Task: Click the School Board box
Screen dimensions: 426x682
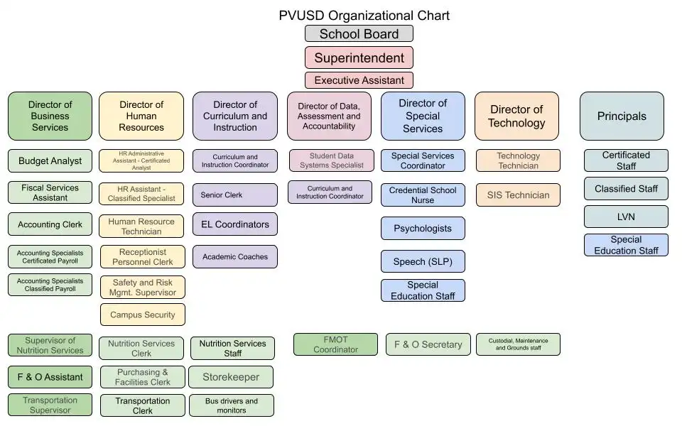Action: [359, 34]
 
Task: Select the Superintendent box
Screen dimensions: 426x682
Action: [359, 58]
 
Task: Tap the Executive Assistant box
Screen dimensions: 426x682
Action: [359, 80]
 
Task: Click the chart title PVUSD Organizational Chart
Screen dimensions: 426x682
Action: [364, 16]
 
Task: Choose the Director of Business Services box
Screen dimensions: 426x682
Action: [50, 116]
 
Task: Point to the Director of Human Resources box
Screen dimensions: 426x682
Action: [141, 116]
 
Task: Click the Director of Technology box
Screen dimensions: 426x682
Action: [516, 116]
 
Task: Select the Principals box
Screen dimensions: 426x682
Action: [622, 116]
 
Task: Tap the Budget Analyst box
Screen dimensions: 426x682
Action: [50, 161]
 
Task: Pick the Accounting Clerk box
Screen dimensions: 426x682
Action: [50, 224]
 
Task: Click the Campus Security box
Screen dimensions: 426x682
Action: [142, 315]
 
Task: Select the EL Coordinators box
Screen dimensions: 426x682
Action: [235, 224]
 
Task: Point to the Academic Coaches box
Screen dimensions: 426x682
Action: [235, 257]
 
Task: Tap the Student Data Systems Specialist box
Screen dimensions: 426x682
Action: [330, 160]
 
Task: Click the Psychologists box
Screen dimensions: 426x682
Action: [423, 229]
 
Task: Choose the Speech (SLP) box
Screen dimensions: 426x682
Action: [423, 261]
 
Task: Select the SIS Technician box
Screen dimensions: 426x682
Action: [518, 195]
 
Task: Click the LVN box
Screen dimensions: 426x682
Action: [626, 217]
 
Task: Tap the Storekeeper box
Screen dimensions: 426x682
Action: [231, 377]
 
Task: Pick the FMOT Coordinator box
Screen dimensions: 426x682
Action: [335, 344]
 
